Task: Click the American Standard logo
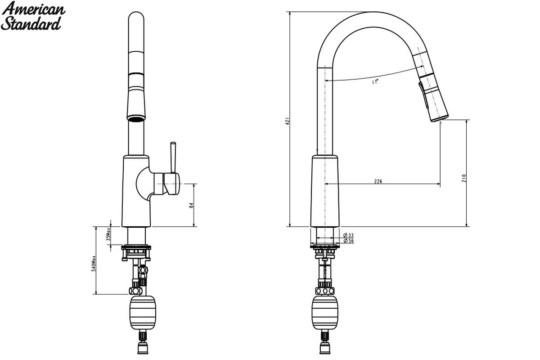click(x=33, y=16)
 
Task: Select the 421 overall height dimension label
click(x=288, y=121)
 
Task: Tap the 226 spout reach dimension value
click(x=378, y=181)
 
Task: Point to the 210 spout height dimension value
click(x=464, y=178)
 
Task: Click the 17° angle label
click(x=375, y=82)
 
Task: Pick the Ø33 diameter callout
click(x=349, y=235)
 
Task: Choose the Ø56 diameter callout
click(x=349, y=241)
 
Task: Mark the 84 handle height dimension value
click(x=191, y=206)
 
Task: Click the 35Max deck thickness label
click(x=108, y=234)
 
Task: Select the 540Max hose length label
click(x=94, y=264)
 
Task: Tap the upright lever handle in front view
click(x=173, y=157)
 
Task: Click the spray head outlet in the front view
click(x=136, y=118)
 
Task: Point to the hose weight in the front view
click(x=143, y=313)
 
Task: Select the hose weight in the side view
click(x=325, y=313)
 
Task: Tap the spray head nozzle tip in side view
click(x=440, y=119)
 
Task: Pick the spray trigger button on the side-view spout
click(x=421, y=95)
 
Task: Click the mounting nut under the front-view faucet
click(x=136, y=252)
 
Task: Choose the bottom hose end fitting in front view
click(x=143, y=348)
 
